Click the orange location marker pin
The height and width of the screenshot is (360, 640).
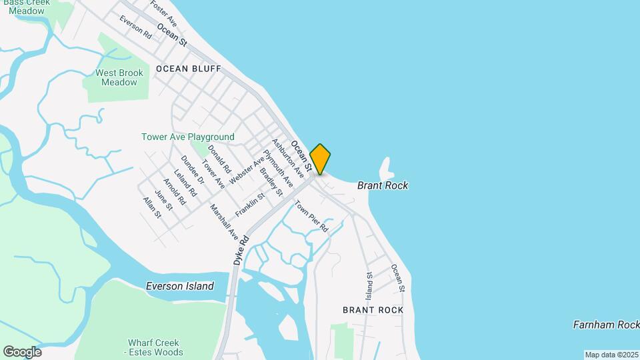click(320, 159)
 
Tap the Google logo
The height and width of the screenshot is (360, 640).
click(22, 352)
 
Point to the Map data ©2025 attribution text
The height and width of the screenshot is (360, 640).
click(611, 355)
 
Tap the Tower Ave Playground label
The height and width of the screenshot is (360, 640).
click(188, 137)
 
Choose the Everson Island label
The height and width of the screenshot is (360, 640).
click(180, 286)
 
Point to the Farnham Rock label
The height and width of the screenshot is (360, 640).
click(606, 325)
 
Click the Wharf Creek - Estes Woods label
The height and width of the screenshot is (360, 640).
click(155, 347)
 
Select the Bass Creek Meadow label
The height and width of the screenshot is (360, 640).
click(27, 6)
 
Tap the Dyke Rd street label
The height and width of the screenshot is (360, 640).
click(241, 250)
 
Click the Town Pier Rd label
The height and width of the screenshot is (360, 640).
click(312, 217)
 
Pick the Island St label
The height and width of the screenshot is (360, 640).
click(369, 284)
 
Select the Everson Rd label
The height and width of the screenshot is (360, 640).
click(136, 27)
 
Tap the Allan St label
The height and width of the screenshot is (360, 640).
click(152, 207)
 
